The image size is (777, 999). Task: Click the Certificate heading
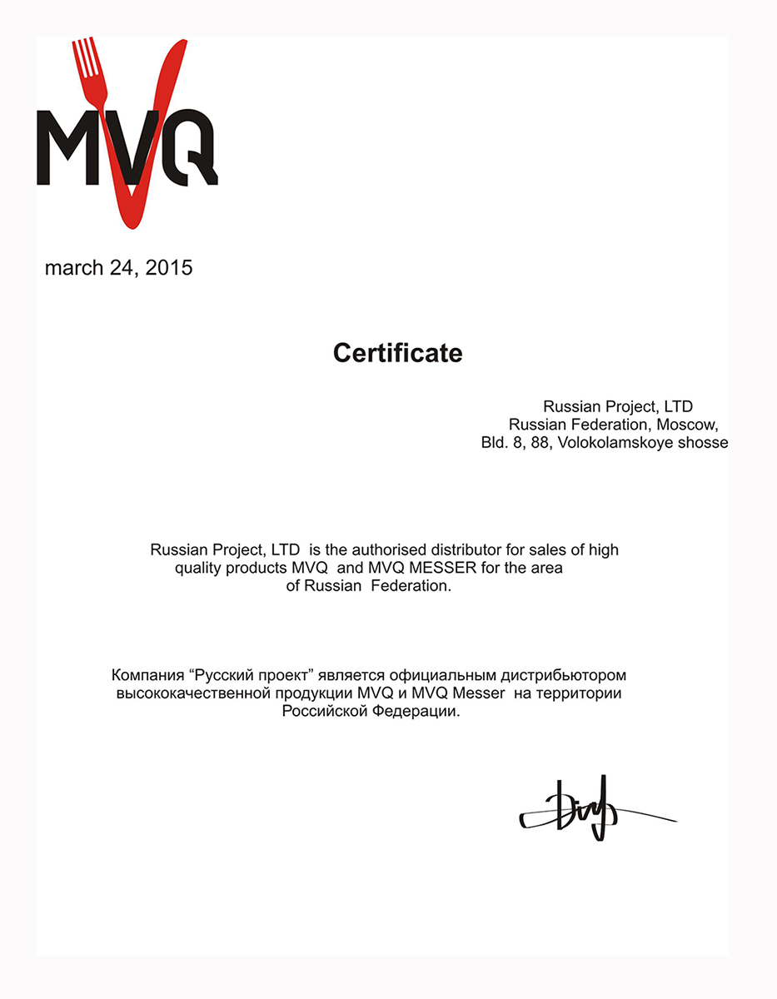pos(397,353)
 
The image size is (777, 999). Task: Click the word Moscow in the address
pos(690,425)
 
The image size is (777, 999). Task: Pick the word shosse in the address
pos(703,443)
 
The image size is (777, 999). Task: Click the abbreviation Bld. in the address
pos(496,443)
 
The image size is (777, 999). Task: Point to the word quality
pos(201,568)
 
